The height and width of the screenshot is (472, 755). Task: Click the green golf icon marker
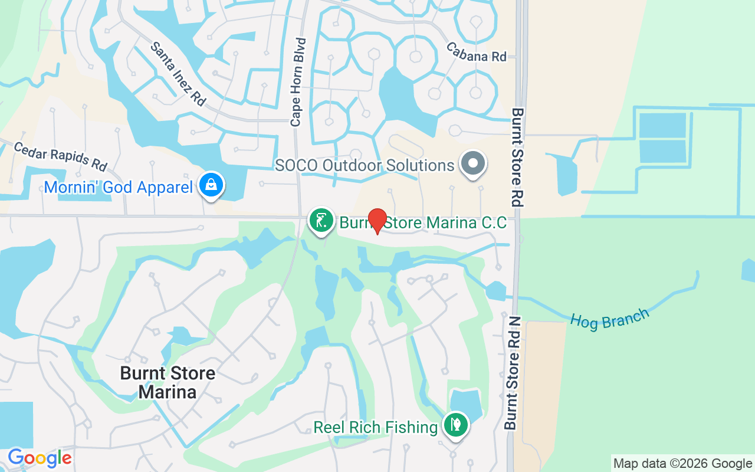321,221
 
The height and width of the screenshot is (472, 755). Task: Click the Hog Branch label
609,319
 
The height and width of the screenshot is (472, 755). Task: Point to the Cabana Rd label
476,52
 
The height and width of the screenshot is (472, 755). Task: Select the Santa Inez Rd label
178,74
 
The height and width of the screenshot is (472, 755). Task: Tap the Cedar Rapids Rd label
60,155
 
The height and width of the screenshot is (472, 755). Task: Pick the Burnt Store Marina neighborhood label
168,382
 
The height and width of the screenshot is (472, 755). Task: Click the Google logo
40,458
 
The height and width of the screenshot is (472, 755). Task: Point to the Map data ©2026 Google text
682,464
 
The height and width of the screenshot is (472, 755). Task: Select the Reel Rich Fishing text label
375,427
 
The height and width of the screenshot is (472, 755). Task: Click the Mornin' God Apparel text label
119,188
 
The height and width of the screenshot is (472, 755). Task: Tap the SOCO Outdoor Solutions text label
365,165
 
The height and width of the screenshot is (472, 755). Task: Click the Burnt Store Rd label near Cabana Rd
518,157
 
